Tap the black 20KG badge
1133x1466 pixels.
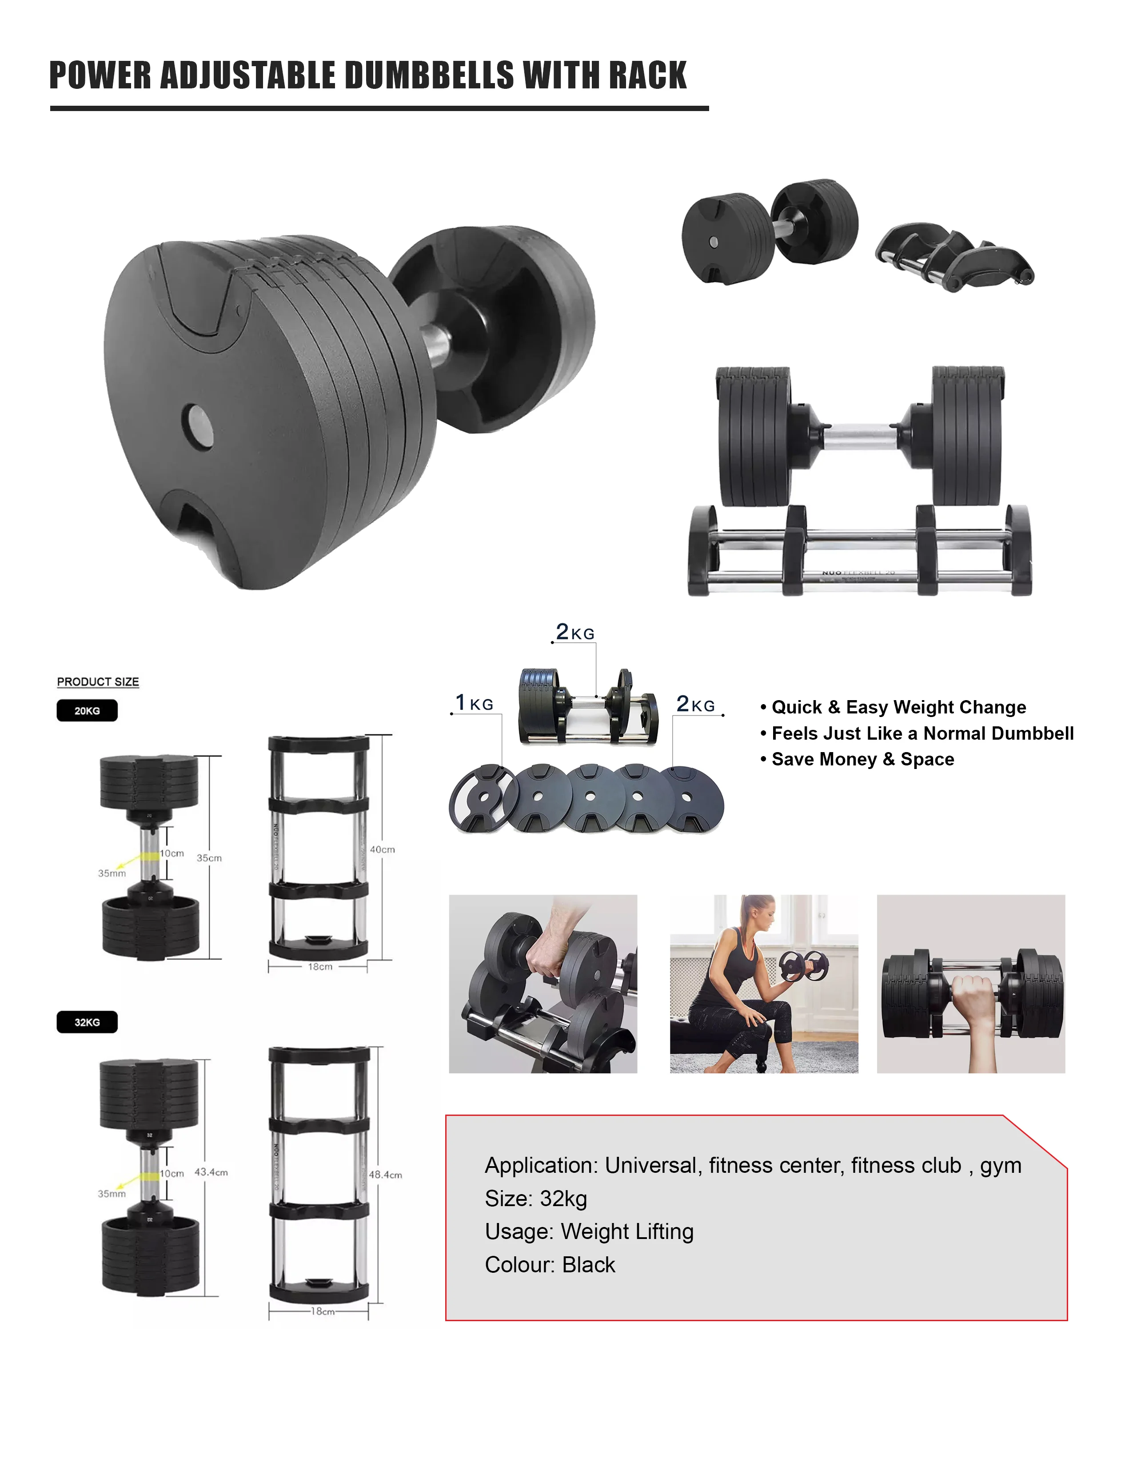[87, 710]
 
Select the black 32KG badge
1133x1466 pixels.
[87, 1022]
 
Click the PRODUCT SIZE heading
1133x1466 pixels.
[98, 681]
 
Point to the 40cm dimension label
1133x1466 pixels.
[382, 849]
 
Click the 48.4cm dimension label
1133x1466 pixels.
[385, 1175]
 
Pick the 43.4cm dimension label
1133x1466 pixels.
[211, 1172]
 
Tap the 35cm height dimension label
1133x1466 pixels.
[209, 858]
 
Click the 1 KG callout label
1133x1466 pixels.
[475, 703]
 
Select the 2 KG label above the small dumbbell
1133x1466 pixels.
[575, 632]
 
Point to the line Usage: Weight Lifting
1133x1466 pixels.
[589, 1231]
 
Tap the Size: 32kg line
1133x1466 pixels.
[536, 1198]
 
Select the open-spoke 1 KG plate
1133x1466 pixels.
[482, 798]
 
